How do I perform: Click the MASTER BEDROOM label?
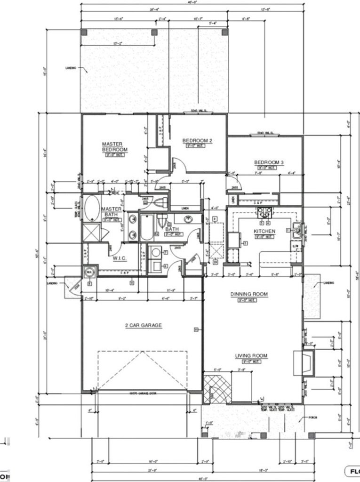[x=112, y=147]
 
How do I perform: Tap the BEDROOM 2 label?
[x=198, y=140]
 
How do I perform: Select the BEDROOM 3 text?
[x=269, y=163]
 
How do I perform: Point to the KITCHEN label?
[x=264, y=231]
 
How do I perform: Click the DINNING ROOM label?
[x=249, y=294]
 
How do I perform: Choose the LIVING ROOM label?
[x=251, y=355]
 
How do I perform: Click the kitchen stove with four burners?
[x=263, y=212]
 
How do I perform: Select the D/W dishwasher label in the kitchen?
[x=295, y=246]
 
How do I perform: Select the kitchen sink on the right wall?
[x=297, y=230]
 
